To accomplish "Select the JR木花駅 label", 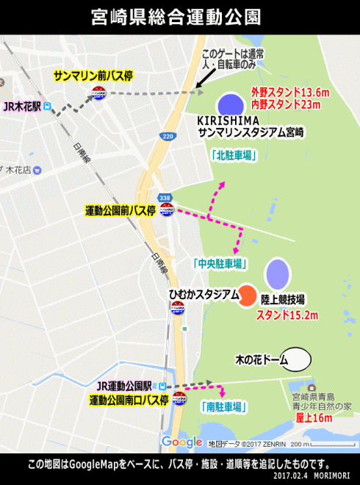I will [21, 107].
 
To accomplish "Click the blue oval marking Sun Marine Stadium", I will [230, 105].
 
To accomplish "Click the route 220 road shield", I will [168, 136].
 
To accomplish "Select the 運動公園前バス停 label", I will [120, 210].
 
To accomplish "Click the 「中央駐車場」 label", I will [220, 263].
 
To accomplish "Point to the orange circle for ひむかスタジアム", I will [248, 295].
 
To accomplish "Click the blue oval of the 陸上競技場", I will [277, 273].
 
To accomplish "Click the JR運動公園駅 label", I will [123, 386].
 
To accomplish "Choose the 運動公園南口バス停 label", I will [129, 400].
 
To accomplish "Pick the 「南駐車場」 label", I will [222, 406].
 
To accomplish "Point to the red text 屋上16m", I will [314, 418].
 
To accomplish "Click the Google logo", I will [181, 442].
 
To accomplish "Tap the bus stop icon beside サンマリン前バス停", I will [98, 93].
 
